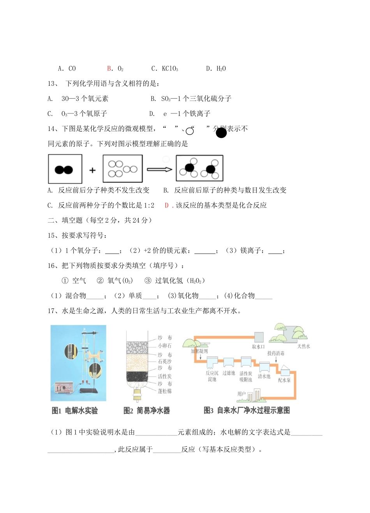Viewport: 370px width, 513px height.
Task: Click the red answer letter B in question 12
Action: click(x=109, y=69)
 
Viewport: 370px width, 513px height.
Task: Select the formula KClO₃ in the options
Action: click(x=170, y=69)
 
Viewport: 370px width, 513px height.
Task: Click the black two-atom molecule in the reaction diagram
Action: click(x=64, y=170)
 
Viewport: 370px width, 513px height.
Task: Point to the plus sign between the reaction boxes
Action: click(x=92, y=170)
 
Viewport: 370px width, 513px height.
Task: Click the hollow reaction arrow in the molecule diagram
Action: click(x=159, y=169)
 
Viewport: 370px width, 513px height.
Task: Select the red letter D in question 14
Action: click(x=167, y=205)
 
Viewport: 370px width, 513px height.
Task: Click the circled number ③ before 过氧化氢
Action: click(x=148, y=281)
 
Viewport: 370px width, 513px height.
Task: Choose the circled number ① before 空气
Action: click(x=65, y=281)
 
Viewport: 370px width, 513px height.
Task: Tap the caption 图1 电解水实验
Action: click(x=75, y=410)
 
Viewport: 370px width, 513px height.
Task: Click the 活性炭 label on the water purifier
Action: click(x=164, y=377)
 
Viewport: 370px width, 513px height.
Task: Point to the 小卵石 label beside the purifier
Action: click(x=164, y=346)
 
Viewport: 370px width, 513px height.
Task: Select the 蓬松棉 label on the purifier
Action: click(x=164, y=391)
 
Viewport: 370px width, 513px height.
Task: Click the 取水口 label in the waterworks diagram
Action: click(x=258, y=347)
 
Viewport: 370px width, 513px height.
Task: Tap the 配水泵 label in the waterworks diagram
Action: click(x=284, y=380)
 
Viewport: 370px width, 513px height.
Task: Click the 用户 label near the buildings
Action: click(x=241, y=394)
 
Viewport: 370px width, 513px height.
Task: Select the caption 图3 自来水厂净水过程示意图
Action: click(x=247, y=410)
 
